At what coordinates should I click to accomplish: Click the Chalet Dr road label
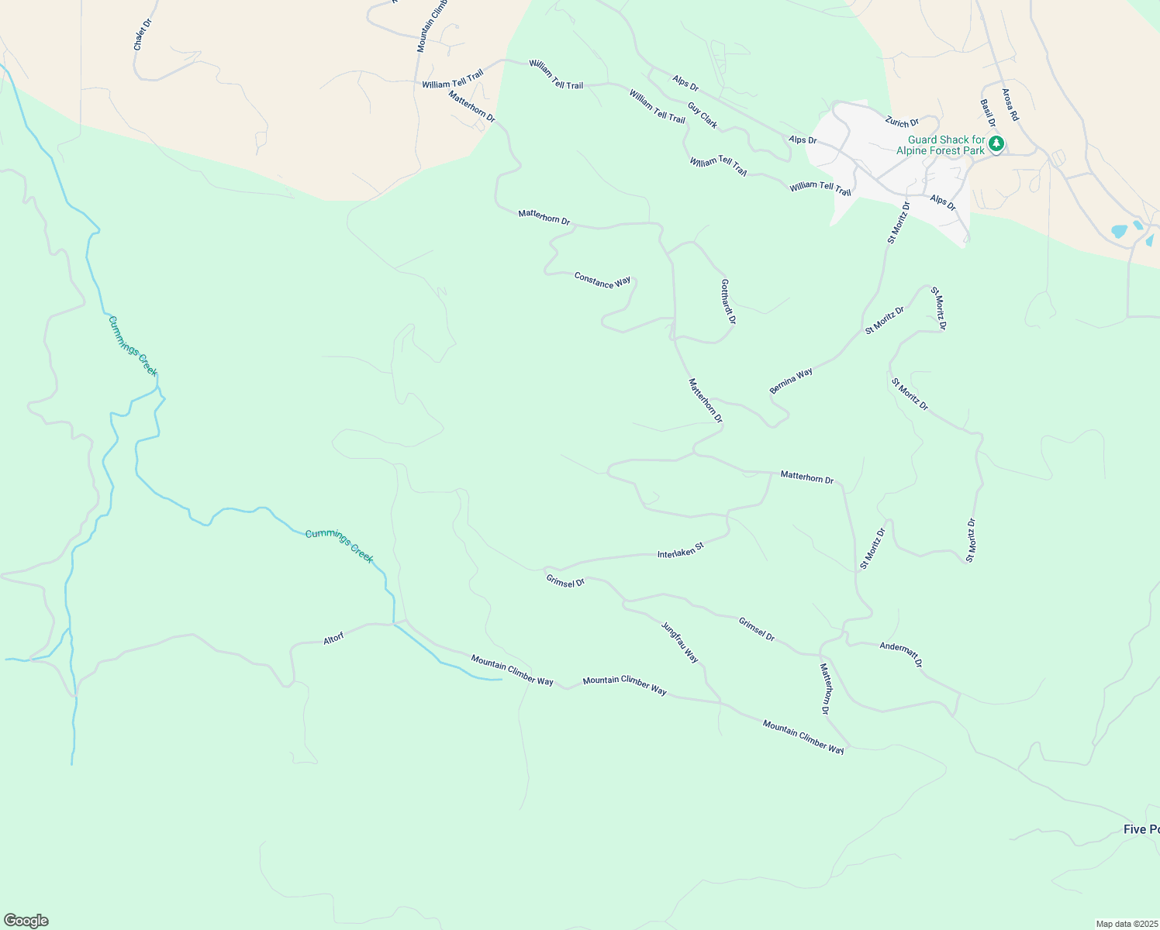(x=143, y=35)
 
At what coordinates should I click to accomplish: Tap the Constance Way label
(x=602, y=280)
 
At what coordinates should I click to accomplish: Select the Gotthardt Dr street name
(x=727, y=301)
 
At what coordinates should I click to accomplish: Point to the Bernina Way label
(x=791, y=381)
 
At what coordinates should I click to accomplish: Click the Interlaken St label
(x=680, y=550)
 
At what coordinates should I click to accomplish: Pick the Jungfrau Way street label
(x=680, y=642)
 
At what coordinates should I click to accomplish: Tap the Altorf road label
(x=333, y=639)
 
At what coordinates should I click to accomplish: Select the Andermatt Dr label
(x=901, y=655)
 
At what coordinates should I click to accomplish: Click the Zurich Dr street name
(x=902, y=122)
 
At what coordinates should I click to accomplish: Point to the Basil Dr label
(x=987, y=113)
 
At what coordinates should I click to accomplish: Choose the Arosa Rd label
(x=1010, y=105)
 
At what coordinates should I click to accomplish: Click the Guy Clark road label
(x=703, y=115)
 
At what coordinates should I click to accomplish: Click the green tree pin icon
(x=996, y=143)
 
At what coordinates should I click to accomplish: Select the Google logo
(x=26, y=921)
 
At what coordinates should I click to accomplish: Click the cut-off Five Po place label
(x=1141, y=830)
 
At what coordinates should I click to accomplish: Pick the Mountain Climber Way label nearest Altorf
(x=512, y=670)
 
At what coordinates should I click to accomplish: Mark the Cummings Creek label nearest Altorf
(x=339, y=546)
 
